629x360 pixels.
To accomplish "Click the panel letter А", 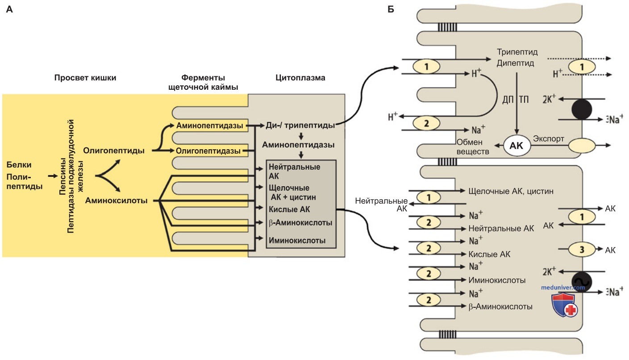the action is click(9, 9).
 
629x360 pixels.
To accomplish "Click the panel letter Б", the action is click(391, 9).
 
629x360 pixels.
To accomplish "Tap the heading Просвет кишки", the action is click(85, 78).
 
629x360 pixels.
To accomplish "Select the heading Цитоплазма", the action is click(300, 78).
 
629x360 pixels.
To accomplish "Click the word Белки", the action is click(19, 164).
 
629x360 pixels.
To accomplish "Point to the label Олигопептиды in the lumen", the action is click(114, 151).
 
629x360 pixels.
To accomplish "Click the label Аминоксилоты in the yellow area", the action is click(116, 201).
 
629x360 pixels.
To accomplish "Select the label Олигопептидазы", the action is click(208, 151).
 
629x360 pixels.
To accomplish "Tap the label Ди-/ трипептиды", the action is click(300, 126).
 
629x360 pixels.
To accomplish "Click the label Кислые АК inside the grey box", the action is click(289, 209).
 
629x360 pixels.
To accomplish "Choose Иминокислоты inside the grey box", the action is click(297, 241).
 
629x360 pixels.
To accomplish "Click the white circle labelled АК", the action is click(517, 146).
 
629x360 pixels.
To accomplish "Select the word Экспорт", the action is click(548, 139).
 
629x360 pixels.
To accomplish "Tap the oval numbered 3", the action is click(582, 249).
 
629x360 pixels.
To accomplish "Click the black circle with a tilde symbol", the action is click(582, 282).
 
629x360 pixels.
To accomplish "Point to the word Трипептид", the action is click(517, 52).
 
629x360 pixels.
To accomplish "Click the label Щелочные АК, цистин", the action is click(511, 191).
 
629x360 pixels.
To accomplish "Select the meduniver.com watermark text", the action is click(563, 288).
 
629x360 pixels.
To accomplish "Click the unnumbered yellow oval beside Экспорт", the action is click(582, 145).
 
